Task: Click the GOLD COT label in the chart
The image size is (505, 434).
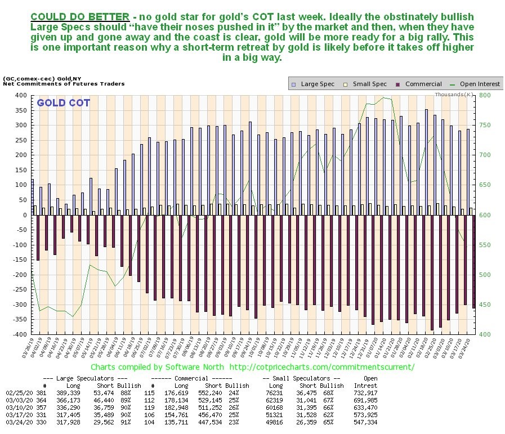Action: coord(63,104)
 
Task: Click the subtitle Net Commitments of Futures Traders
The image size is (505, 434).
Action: coord(64,83)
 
